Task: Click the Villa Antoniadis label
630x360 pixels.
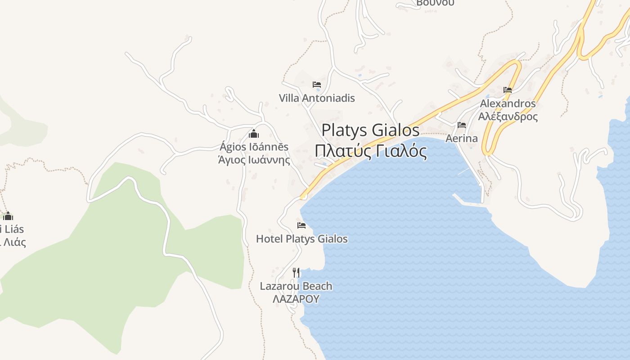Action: point(317,98)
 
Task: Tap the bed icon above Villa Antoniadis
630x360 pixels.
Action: point(317,84)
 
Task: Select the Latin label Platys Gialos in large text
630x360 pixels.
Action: point(370,130)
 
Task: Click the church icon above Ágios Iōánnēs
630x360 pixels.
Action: point(254,134)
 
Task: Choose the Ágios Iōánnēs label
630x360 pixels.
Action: point(254,147)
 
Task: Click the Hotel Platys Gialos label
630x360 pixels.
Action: point(301,238)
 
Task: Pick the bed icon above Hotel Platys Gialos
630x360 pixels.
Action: point(301,225)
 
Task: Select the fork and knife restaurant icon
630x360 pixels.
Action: point(296,272)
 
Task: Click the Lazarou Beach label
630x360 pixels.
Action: point(296,286)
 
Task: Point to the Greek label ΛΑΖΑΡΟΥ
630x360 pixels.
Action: point(296,299)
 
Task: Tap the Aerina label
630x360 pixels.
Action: point(461,138)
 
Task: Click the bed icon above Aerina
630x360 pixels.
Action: point(461,125)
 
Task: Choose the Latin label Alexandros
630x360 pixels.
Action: point(508,103)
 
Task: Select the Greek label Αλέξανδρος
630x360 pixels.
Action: point(508,117)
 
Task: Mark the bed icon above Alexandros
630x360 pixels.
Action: point(508,90)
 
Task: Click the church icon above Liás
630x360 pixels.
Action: point(8,216)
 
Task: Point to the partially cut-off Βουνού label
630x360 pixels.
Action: point(435,3)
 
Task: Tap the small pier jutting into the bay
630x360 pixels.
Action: point(468,201)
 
